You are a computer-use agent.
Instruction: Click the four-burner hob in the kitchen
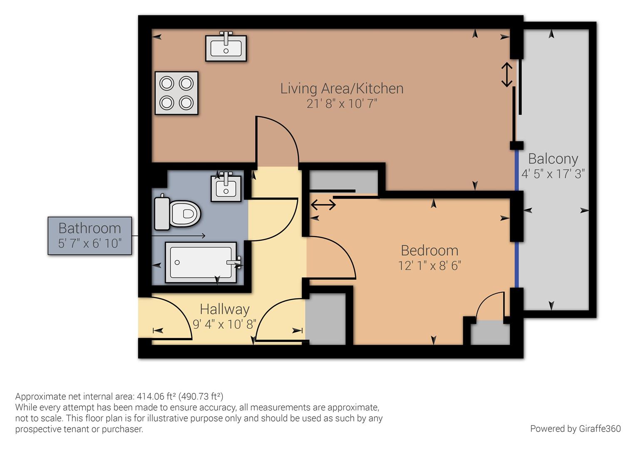pos(176,93)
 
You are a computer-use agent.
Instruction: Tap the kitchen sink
pos(226,48)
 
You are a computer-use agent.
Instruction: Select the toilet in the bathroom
pos(178,214)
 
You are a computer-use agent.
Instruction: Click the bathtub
pos(201,262)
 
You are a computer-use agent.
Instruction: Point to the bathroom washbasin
pos(226,188)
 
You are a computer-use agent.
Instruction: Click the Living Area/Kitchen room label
pos(342,89)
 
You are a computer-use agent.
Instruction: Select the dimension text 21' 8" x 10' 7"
pos(342,104)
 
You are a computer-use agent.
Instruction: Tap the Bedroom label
pos(429,250)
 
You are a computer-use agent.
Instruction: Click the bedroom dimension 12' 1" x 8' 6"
pos(429,265)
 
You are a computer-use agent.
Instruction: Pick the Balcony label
pos(553,159)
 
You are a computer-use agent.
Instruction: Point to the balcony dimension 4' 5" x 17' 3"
pos(553,173)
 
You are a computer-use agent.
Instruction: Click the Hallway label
pos(224,309)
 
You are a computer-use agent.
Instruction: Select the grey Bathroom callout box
pos(90,235)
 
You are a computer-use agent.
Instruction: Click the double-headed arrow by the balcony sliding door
pos(507,75)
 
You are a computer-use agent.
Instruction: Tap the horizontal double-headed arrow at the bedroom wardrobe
pos(323,205)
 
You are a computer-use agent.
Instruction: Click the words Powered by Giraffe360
pos(575,429)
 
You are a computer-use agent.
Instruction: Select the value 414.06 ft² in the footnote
pos(156,396)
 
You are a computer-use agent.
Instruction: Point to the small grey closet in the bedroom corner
pos(490,333)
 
